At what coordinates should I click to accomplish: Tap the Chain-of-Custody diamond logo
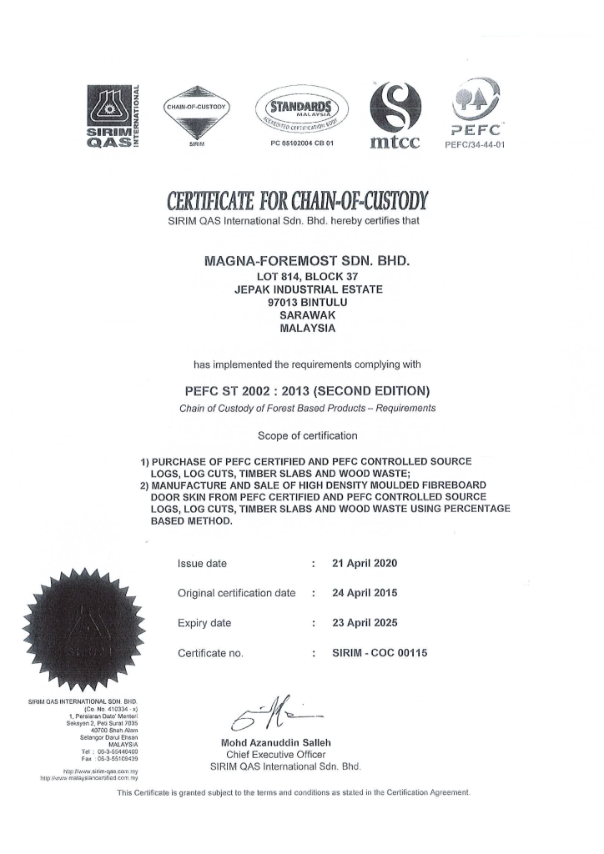pyautogui.click(x=197, y=110)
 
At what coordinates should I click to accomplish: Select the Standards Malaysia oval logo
pyautogui.click(x=300, y=112)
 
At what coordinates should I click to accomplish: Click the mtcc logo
pyautogui.click(x=395, y=114)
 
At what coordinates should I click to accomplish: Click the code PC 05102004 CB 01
pyautogui.click(x=301, y=143)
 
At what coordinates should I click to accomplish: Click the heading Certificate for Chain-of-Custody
pyautogui.click(x=298, y=201)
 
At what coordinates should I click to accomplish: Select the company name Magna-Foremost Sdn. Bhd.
pyautogui.click(x=307, y=261)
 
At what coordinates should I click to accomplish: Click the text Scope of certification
pyautogui.click(x=307, y=435)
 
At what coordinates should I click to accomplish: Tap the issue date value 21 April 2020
pyautogui.click(x=365, y=564)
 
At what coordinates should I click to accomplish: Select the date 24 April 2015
pyautogui.click(x=365, y=593)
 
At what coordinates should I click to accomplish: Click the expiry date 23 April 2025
pyautogui.click(x=365, y=623)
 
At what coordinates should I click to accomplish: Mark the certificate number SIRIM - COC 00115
pyautogui.click(x=380, y=653)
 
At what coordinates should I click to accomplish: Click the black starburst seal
pyautogui.click(x=83, y=628)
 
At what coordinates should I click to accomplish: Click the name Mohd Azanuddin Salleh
pyautogui.click(x=275, y=742)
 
